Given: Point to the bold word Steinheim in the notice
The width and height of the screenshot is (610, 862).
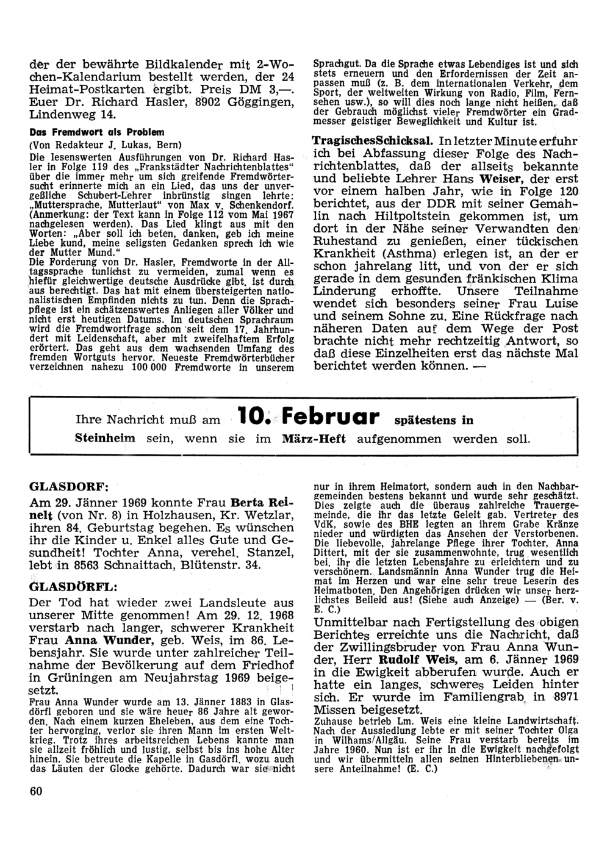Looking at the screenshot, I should (x=106, y=439).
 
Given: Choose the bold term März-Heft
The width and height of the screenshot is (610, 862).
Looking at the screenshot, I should (x=314, y=439).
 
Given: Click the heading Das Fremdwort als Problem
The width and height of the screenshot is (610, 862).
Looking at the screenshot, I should (x=97, y=132).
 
